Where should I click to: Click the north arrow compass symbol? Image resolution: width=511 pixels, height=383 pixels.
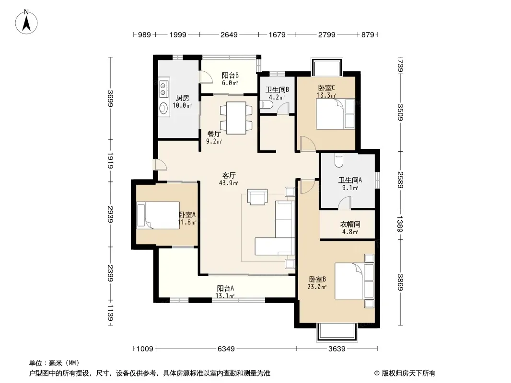click(x=26, y=22)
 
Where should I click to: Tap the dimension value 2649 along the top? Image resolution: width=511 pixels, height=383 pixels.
click(x=229, y=34)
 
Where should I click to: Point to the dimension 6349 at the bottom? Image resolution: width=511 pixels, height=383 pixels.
click(x=226, y=349)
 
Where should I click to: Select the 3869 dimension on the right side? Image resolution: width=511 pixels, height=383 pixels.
click(x=401, y=282)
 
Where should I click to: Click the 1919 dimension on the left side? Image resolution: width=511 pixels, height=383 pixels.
click(x=110, y=160)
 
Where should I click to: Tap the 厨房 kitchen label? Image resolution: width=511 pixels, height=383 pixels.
click(x=183, y=98)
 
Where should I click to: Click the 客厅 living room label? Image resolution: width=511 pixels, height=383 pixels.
click(x=229, y=176)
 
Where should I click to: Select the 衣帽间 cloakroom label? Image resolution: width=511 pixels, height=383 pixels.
click(x=350, y=224)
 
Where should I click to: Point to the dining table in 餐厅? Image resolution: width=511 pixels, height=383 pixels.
click(x=236, y=118)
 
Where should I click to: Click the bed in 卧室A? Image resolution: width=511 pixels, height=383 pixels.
click(x=158, y=215)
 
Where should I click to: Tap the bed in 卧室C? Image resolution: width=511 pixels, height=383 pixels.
click(x=336, y=114)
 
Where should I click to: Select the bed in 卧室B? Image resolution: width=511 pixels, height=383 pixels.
click(x=354, y=281)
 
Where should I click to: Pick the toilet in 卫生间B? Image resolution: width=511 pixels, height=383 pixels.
click(x=264, y=105)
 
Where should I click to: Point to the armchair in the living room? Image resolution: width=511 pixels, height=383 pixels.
click(x=257, y=197)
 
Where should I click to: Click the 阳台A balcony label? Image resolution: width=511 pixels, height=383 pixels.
click(x=225, y=288)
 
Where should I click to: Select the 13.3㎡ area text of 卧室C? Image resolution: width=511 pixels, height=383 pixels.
click(x=326, y=95)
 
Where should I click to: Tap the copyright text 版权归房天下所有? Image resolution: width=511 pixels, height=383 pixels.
click(x=408, y=373)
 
